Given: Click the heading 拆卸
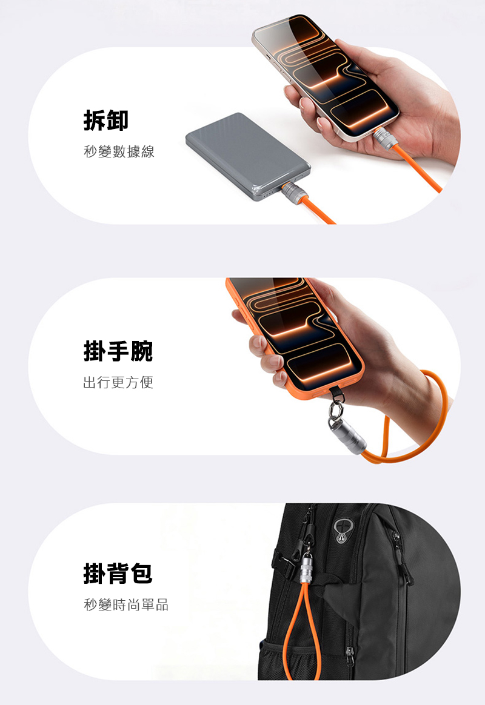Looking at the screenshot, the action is (x=105, y=120).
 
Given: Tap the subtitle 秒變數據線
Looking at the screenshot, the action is (x=119, y=151).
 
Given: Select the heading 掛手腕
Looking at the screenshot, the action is (x=118, y=351).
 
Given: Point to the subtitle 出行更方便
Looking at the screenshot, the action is (x=118, y=382).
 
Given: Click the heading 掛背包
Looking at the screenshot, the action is (x=118, y=573).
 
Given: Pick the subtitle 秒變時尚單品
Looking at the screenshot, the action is (x=126, y=604).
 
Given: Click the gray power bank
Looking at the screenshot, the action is (x=248, y=156).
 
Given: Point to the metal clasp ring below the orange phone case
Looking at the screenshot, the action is (x=336, y=409).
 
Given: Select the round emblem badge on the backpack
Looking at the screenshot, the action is (x=343, y=531).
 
